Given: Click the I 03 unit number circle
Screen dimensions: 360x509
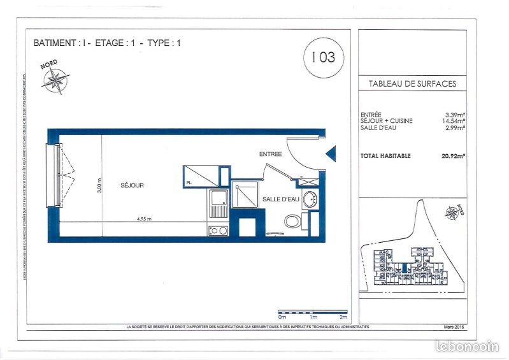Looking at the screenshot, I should click(x=324, y=57).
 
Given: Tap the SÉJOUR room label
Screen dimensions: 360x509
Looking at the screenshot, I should click(x=132, y=185).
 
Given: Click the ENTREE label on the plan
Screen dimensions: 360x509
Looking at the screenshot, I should click(x=270, y=154).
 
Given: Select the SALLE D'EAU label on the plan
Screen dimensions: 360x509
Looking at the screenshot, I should click(x=281, y=199).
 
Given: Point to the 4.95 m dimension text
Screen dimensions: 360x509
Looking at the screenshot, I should click(x=145, y=219).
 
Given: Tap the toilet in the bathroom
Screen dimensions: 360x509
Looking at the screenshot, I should click(x=292, y=222).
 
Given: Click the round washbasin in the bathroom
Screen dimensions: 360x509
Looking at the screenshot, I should click(x=309, y=199).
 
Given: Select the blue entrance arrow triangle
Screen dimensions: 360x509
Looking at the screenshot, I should click(x=330, y=154).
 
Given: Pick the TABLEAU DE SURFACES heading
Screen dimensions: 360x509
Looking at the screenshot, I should click(x=412, y=84).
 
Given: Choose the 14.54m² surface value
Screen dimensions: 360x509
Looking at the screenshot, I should click(x=454, y=121).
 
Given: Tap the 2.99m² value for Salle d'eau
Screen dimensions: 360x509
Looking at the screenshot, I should click(x=455, y=127).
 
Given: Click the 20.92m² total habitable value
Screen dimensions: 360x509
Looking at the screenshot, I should click(x=453, y=155).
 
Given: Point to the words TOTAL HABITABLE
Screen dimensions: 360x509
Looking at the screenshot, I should click(x=385, y=155).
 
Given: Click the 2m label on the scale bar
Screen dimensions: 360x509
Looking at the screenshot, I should click(x=343, y=317).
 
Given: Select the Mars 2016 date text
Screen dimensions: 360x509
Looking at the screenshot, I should click(x=451, y=328).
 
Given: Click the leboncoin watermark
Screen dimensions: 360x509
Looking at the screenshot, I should click(x=466, y=346).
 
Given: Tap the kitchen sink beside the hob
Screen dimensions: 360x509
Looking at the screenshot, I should click(x=217, y=203).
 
